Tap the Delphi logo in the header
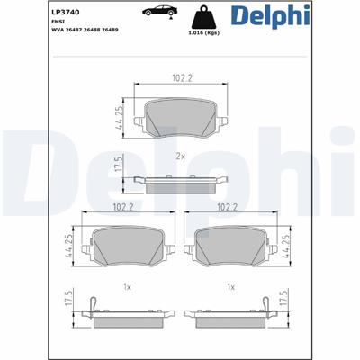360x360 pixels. click(310, 18)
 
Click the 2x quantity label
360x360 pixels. click(179, 155)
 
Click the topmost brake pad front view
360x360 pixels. click(179, 119)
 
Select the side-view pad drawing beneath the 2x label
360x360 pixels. click(179, 184)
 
